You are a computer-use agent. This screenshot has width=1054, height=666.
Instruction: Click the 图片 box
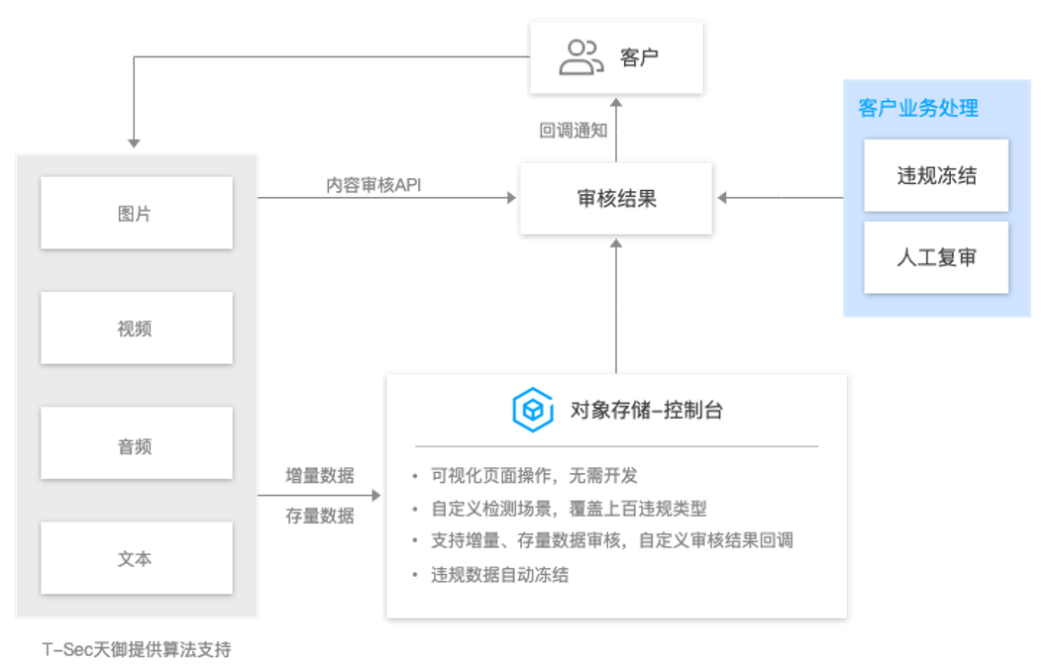pyautogui.click(x=136, y=213)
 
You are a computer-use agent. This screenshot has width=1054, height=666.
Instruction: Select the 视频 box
pyautogui.click(x=136, y=328)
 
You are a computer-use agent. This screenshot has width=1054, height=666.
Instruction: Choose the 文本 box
pyautogui.click(x=136, y=558)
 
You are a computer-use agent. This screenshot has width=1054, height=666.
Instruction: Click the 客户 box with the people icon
pyautogui.click(x=616, y=57)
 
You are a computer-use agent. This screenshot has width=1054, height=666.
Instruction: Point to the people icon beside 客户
pyautogui.click(x=580, y=57)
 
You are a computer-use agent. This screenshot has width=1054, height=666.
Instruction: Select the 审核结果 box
pyautogui.click(x=616, y=198)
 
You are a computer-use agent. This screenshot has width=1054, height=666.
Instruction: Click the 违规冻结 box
pyautogui.click(x=936, y=175)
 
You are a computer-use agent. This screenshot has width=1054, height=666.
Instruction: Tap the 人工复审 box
pyautogui.click(x=936, y=257)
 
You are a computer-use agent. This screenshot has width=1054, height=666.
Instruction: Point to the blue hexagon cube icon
pyautogui.click(x=532, y=410)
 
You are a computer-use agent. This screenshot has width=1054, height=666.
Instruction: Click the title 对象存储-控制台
pyautogui.click(x=647, y=410)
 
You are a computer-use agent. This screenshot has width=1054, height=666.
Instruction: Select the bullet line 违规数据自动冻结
pyautogui.click(x=500, y=574)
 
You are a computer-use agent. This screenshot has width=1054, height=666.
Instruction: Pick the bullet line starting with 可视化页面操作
pyautogui.click(x=535, y=476)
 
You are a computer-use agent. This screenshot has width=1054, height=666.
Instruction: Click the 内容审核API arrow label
pyautogui.click(x=374, y=185)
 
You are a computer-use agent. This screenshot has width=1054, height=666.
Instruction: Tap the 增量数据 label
pyautogui.click(x=319, y=474)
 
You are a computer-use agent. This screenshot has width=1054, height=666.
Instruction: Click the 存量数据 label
pyautogui.click(x=319, y=516)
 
